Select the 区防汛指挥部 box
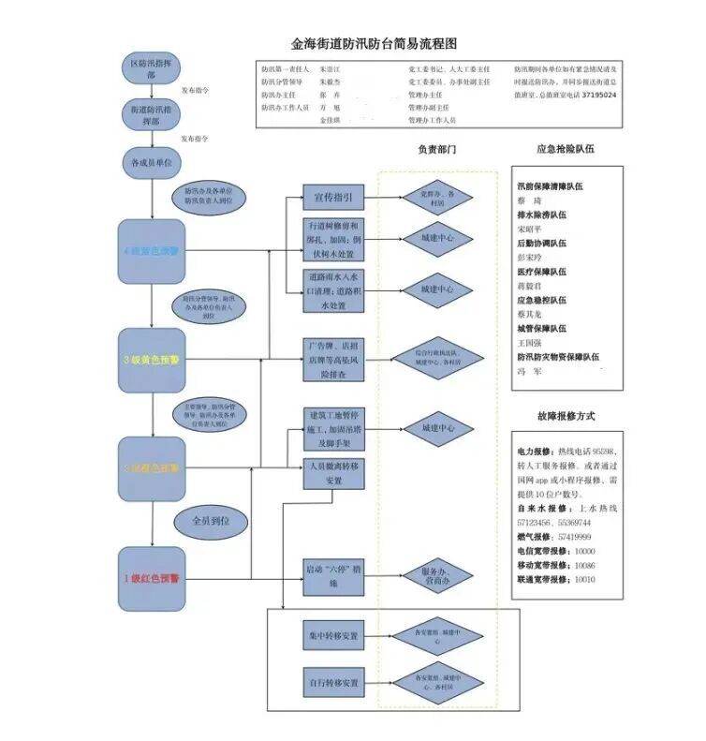[x=152, y=69]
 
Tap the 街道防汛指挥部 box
[x=152, y=115]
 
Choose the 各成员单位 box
[x=152, y=162]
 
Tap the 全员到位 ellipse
[x=210, y=520]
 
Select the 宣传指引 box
[x=330, y=198]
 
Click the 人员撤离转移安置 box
[x=330, y=474]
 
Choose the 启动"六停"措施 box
[x=330, y=576]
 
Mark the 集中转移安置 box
[x=330, y=636]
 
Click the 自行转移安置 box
[x=330, y=681]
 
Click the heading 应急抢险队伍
[x=566, y=149]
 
